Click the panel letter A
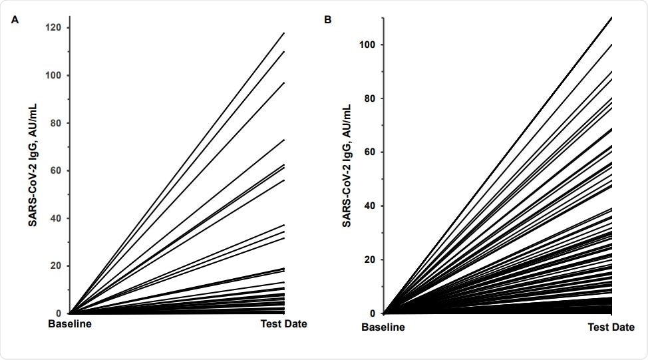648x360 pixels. (x=15, y=20)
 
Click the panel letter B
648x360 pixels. (x=327, y=20)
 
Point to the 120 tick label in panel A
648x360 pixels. (x=53, y=28)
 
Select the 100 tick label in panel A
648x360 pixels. (x=53, y=75)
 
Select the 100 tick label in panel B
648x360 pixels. (x=368, y=45)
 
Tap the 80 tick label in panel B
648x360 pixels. (x=370, y=98)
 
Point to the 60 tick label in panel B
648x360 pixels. (x=370, y=152)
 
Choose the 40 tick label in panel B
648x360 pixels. (x=370, y=206)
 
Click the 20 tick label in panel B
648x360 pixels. (x=370, y=260)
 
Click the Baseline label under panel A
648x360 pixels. (x=70, y=325)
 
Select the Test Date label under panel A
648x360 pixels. (x=283, y=325)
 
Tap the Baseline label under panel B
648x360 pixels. (x=383, y=328)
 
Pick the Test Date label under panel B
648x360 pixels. (x=611, y=328)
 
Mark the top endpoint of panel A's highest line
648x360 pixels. (x=284, y=33)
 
